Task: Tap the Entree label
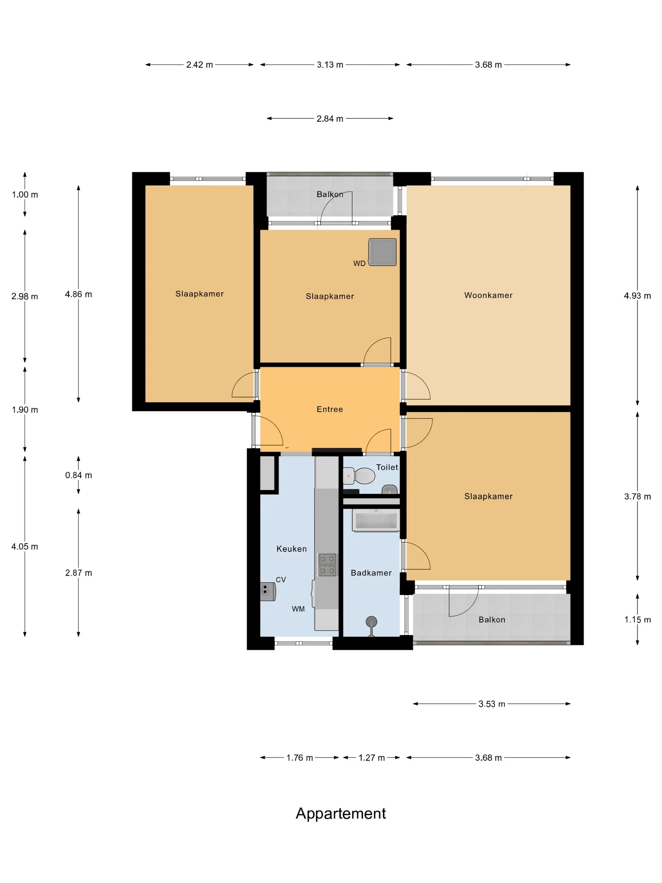tap(330, 409)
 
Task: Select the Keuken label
tap(291, 549)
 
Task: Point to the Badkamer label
tap(371, 573)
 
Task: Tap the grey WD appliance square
tap(382, 252)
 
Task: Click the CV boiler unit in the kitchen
tap(268, 592)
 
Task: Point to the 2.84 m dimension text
tap(330, 119)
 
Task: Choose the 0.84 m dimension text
tap(78, 475)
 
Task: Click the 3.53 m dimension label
tap(491, 704)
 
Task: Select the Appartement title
tap(341, 813)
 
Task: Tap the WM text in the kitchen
tap(298, 609)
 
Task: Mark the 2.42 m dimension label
tap(200, 65)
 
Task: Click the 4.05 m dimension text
tap(25, 547)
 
